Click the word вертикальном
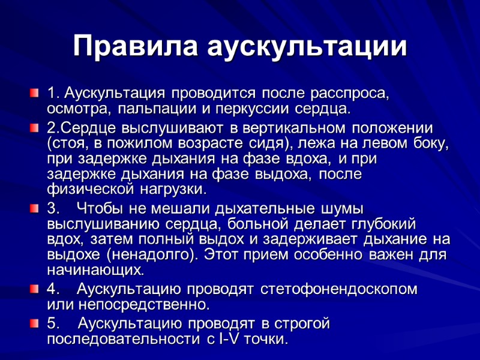click(x=281, y=129)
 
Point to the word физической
click(x=89, y=189)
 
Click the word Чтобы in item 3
click(x=103, y=209)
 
